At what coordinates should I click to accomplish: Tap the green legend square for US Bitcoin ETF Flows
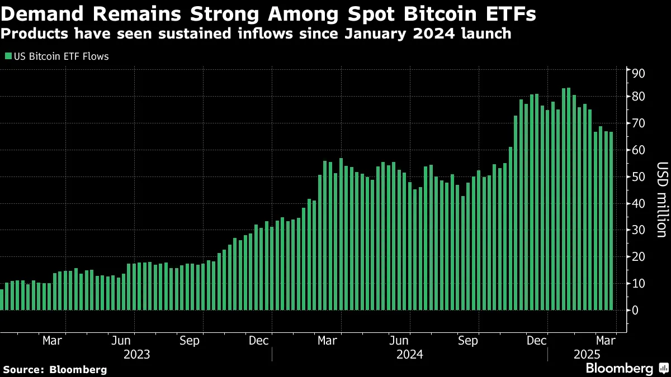coord(7,56)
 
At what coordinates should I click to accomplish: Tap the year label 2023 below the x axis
coord(136,354)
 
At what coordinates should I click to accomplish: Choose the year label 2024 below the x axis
coord(410,354)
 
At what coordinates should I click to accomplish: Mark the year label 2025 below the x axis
coord(587,354)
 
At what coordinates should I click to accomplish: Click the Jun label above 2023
coord(121,340)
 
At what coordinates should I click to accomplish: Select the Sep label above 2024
coord(467,340)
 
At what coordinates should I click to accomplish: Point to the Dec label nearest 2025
coord(537,340)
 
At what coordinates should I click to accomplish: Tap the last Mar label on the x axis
coord(605,340)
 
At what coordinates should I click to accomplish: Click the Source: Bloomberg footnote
coord(55,369)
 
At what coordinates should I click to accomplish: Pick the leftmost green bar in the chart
coord(2,299)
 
